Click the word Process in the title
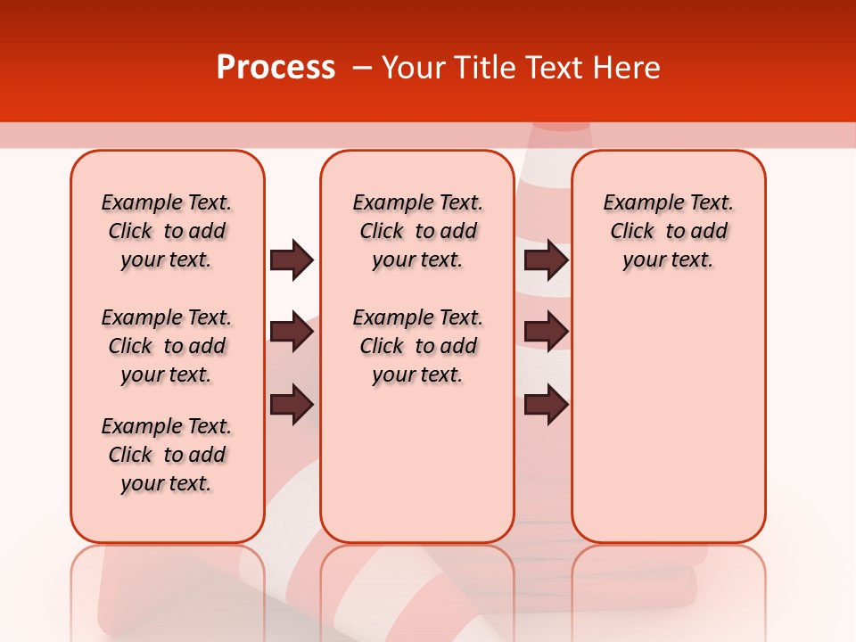click(x=276, y=68)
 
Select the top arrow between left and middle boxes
click(x=292, y=260)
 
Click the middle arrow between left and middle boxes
click(x=292, y=333)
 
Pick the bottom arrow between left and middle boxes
click(x=292, y=404)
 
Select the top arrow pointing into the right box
click(x=546, y=260)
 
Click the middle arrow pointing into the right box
click(x=546, y=333)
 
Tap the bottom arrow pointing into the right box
click(x=546, y=404)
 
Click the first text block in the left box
click(x=167, y=231)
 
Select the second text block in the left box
click(x=167, y=346)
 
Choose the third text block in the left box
click(x=167, y=455)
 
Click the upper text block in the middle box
click(x=417, y=231)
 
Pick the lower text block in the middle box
click(x=417, y=346)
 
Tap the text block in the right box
click(x=668, y=231)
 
